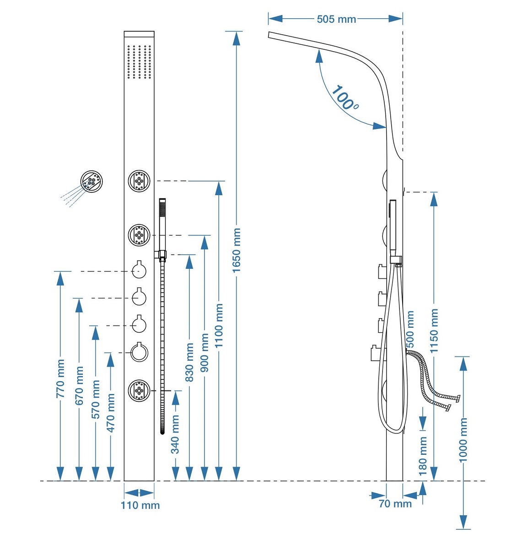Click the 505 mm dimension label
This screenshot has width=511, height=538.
[x=336, y=19]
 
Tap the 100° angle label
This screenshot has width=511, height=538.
[x=344, y=98]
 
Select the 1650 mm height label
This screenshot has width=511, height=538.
[x=236, y=250]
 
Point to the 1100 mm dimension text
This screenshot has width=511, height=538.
[x=219, y=325]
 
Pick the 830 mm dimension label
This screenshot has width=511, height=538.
[x=189, y=362]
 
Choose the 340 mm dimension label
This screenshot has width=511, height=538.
[x=175, y=434]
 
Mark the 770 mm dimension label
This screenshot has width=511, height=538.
[x=60, y=379]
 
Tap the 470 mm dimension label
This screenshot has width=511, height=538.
[x=110, y=413]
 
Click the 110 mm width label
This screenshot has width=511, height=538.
[x=140, y=505]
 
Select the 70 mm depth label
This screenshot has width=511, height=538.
[x=395, y=504]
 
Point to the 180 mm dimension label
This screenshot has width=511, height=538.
[x=423, y=456]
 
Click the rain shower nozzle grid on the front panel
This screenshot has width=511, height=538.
[x=139, y=62]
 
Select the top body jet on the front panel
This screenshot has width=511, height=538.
[x=139, y=181]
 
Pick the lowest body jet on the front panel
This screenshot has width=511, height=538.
[x=139, y=390]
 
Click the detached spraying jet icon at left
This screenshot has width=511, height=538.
[x=91, y=181]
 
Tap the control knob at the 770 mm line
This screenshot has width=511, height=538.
[x=139, y=271]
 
